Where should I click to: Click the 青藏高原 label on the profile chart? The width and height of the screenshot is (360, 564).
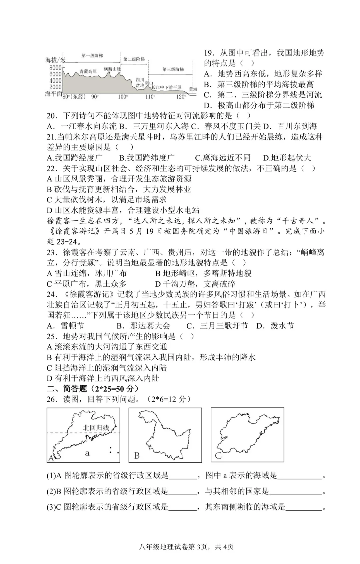tap(88, 71)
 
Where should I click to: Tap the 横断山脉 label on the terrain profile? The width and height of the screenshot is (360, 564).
tap(112, 69)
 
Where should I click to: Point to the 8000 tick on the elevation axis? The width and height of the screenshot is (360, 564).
tap(55, 68)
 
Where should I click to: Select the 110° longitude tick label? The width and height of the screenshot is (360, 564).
tap(150, 97)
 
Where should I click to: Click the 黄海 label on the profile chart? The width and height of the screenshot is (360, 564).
tap(193, 89)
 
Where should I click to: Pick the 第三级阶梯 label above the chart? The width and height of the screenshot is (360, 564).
tap(173, 69)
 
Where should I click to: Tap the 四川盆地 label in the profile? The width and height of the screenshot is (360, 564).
tap(140, 83)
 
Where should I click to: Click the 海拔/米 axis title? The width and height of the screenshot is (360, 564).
tap(55, 60)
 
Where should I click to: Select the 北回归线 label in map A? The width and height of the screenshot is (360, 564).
tap(96, 428)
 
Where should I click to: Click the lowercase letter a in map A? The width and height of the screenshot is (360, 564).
tap(87, 453)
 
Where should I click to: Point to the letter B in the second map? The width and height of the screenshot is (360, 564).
tap(137, 456)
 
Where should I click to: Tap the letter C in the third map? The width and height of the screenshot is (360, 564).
tap(218, 455)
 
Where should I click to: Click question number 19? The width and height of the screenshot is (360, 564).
tap(209, 53)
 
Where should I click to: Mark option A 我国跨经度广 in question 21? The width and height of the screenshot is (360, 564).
tap(75, 158)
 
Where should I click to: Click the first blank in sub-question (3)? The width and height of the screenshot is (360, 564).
tap(182, 507)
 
